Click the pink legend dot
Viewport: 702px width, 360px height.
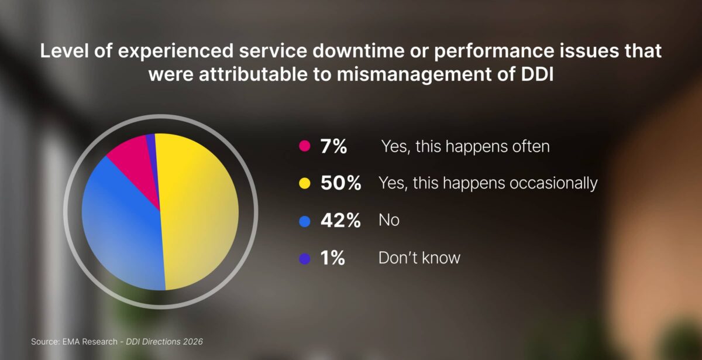click(x=304, y=146)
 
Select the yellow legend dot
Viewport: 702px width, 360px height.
click(x=304, y=184)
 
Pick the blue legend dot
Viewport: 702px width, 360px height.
click(x=304, y=221)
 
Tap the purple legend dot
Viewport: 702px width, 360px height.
click(x=304, y=258)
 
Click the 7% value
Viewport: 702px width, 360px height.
click(x=333, y=146)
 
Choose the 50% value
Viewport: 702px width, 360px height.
click(x=340, y=184)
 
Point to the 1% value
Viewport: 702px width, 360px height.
click(x=333, y=258)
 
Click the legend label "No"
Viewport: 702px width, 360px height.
click(x=389, y=221)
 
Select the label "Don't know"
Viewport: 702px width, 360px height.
click(x=419, y=258)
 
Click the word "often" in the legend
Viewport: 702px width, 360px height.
click(x=529, y=146)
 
